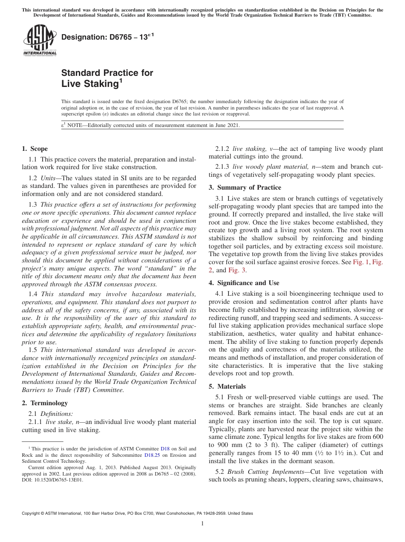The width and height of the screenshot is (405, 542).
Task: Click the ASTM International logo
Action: (39, 40)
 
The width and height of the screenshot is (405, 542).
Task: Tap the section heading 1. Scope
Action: (35, 149)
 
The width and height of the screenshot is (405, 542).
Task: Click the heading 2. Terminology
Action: (44, 403)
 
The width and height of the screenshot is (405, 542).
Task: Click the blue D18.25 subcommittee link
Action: (152, 455)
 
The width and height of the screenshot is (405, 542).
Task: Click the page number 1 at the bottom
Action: (202, 524)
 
